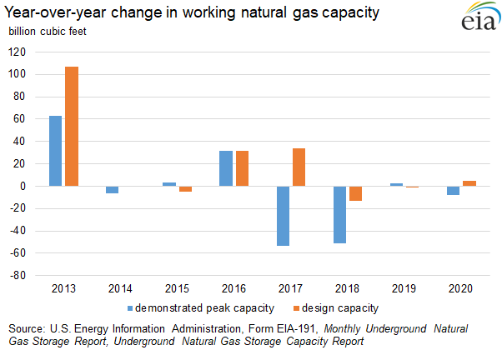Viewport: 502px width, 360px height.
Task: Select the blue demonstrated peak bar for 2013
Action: pos(55,151)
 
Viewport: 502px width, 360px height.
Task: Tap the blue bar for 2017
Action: pos(282,216)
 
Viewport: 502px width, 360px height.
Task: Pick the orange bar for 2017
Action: pos(299,167)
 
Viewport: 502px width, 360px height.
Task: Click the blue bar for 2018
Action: pos(339,214)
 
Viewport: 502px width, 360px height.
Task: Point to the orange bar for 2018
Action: pos(355,193)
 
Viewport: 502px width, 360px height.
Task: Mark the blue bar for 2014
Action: pos(112,189)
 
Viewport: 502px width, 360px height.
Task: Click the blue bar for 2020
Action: pos(453,190)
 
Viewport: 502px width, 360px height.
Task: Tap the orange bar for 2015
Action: pos(185,188)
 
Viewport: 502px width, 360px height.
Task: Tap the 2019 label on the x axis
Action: pos(404,288)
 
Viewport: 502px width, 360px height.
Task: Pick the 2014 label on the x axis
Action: pos(120,288)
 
